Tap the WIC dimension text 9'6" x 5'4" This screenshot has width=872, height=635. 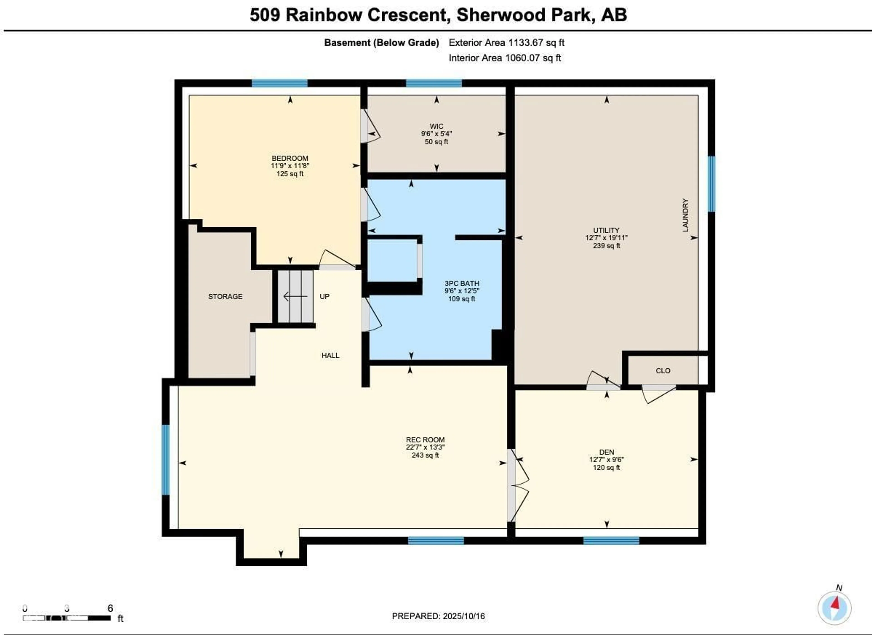point(436,134)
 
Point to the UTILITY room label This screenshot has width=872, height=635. point(606,230)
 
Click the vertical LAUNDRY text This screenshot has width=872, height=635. point(685,215)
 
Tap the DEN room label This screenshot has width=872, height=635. point(607,452)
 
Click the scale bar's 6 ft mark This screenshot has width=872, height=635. point(110,608)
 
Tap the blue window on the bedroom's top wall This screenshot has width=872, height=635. point(280,83)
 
